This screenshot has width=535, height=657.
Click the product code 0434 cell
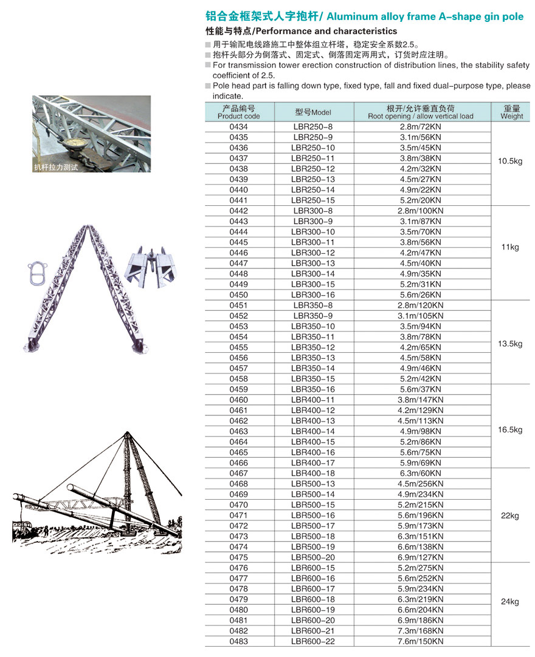[x=238, y=127]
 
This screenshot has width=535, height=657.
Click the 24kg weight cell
[x=510, y=602]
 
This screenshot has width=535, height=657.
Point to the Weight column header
[x=511, y=112]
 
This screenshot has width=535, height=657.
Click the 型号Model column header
[x=313, y=112]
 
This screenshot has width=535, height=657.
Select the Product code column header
[x=238, y=112]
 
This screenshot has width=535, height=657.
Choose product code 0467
[x=238, y=473]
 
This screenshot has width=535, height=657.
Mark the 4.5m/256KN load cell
[x=421, y=484]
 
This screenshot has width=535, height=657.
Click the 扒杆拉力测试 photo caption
[x=57, y=166]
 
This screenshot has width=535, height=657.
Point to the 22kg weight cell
[x=510, y=516]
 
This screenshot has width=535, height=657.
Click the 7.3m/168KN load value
[x=421, y=631]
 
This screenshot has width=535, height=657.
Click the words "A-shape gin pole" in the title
[x=481, y=16]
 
